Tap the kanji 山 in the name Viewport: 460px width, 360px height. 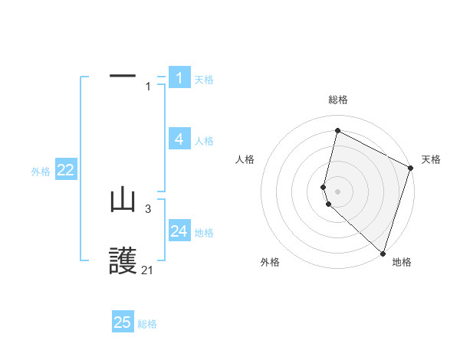coord(123,201)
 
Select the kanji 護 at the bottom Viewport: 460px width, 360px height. coord(123,262)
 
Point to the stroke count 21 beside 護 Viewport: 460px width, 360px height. coord(147,270)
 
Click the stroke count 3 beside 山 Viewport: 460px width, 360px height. coord(148,208)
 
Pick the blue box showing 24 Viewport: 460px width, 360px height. coord(179,231)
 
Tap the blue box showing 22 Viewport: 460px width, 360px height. coord(65,171)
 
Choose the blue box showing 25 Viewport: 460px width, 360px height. coord(123,322)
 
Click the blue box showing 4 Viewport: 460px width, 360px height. coord(179,139)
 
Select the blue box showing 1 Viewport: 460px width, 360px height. coord(179,78)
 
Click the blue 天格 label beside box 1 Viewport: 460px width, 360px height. coord(204,80)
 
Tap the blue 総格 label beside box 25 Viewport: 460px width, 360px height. coord(147,324)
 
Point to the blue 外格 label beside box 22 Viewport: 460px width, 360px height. coord(41,172)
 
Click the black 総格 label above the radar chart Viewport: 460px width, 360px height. coord(337,100)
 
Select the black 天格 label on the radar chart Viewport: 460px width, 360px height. coord(431,159)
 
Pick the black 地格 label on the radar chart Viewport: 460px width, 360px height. coord(402,262)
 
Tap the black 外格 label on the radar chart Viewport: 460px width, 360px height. coord(270,262)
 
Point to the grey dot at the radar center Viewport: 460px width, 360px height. coord(337,191)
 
